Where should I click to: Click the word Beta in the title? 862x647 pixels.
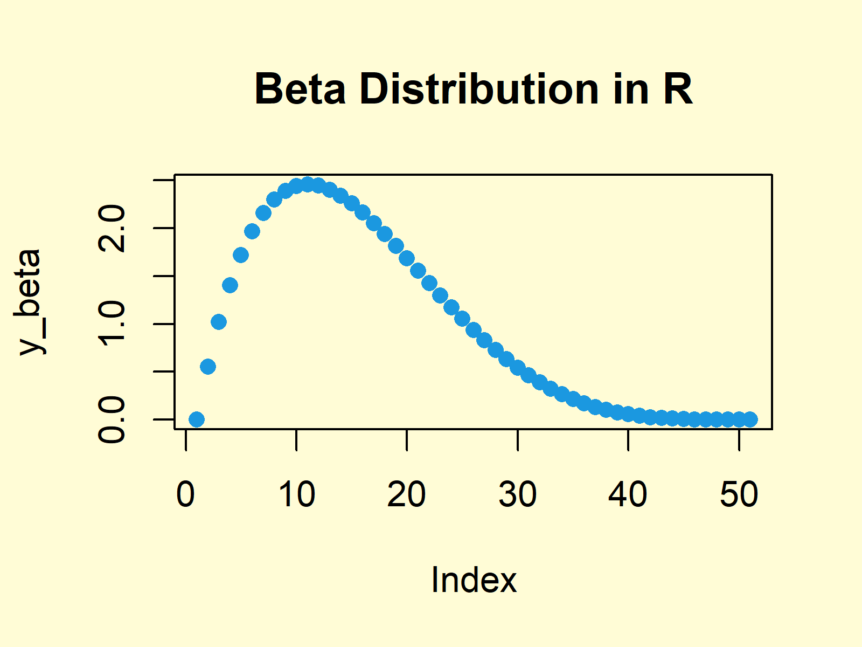coord(300,90)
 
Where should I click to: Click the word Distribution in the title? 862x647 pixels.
coord(479,90)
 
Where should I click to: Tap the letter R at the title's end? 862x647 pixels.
coord(677,90)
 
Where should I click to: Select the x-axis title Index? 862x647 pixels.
coord(474,580)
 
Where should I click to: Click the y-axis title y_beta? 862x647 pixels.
coord(30,302)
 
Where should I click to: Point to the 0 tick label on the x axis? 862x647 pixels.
coord(185,494)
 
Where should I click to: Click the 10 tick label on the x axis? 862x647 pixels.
coord(296,494)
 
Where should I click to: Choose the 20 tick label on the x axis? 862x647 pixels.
coord(407,494)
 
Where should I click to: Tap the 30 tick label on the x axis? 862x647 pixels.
coord(517,494)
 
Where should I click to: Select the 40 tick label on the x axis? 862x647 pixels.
coord(628,494)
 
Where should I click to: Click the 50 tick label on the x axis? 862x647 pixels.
coord(739,494)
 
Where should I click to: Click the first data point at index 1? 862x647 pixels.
coord(197,419)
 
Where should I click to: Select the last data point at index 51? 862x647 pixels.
coord(750,419)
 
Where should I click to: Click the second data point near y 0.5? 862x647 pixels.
coord(208,367)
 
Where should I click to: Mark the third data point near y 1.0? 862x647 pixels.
coord(219,322)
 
